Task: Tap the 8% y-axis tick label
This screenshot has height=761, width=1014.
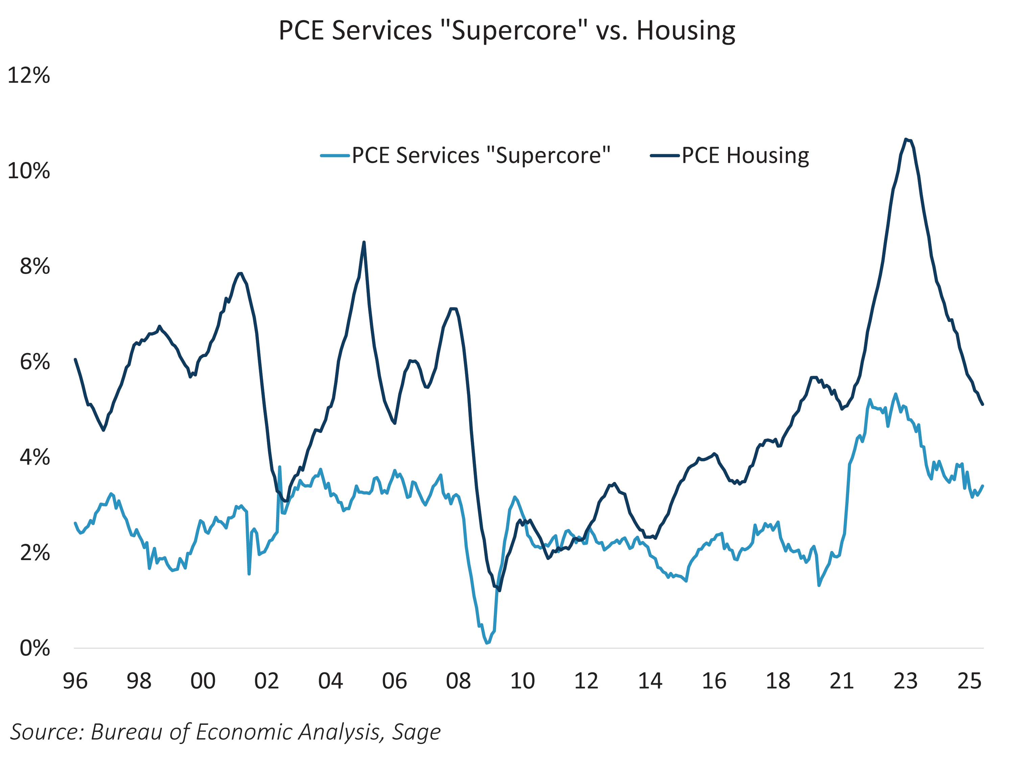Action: (x=34, y=267)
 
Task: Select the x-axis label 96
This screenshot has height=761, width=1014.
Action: (x=75, y=681)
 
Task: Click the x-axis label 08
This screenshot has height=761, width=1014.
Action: (x=458, y=681)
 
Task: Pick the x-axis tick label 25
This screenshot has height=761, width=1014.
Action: (x=969, y=681)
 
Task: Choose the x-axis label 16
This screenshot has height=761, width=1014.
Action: (x=714, y=681)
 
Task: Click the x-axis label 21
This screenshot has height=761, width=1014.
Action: (x=842, y=681)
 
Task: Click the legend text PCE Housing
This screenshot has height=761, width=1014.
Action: (x=745, y=156)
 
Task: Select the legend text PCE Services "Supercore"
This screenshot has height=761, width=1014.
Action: (x=481, y=156)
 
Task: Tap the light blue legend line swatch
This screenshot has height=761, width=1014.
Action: (x=335, y=156)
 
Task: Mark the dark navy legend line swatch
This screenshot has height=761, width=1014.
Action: (x=665, y=156)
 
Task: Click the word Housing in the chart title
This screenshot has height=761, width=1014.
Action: (x=686, y=31)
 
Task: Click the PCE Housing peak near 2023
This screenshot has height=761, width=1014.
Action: (x=906, y=139)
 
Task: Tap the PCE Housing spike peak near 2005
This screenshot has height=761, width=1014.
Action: (x=364, y=242)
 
